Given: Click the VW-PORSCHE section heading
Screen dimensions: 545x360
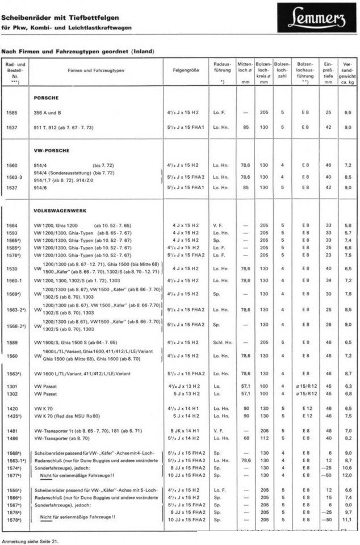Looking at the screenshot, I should point(52,152).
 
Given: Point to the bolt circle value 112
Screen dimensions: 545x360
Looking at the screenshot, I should point(263,438).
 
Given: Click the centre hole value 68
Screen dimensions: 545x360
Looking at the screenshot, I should point(245,438).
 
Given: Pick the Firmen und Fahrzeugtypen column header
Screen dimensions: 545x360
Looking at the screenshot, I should point(96,70).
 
